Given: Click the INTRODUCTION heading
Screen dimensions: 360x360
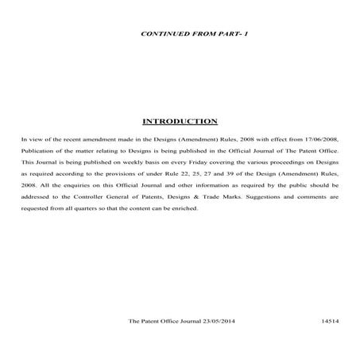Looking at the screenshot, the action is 180,122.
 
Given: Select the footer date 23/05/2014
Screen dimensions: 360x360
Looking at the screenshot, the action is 219,322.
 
